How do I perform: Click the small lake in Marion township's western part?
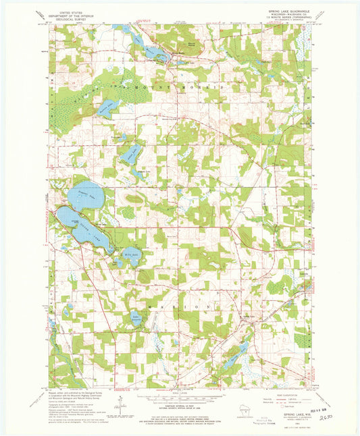[138, 317]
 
